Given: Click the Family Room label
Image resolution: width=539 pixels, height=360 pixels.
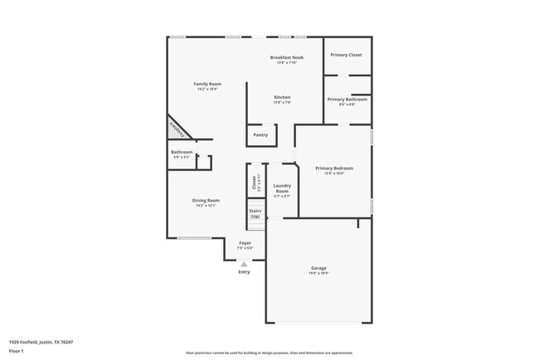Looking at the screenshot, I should click(207, 84).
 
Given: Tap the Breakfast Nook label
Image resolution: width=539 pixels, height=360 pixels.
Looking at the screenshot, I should click(287, 57).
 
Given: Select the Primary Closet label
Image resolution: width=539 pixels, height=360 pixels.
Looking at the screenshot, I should click(347, 55).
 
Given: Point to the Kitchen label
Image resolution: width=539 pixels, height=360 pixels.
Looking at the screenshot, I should click(283, 97).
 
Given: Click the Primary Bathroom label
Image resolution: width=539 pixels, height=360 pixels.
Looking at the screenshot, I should click(347, 100).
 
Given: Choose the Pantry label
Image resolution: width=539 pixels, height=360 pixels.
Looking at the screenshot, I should click(260, 134).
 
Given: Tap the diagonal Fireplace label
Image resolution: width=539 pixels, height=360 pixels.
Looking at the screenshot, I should click(177, 126).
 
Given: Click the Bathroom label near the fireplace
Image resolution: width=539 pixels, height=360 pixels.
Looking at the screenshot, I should click(182, 153).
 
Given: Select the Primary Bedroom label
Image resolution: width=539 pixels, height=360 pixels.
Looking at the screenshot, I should click(334, 168).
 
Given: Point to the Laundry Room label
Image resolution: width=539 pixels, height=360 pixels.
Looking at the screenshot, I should click(281, 188).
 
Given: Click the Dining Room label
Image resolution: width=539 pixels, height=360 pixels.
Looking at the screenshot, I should click(206, 201).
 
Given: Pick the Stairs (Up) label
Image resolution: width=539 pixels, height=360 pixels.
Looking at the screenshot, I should click(255, 213).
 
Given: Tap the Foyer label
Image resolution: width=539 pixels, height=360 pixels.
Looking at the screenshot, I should click(245, 243).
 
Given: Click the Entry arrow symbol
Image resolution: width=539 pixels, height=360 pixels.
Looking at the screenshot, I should click(244, 264).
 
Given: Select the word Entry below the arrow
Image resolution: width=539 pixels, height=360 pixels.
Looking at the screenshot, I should click(244, 272).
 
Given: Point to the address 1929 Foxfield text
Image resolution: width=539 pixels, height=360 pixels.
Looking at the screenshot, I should click(41, 342).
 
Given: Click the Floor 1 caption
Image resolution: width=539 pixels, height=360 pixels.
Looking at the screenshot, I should click(17, 351).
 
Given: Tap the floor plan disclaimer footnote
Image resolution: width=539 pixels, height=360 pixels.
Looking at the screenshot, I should click(269, 353).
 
